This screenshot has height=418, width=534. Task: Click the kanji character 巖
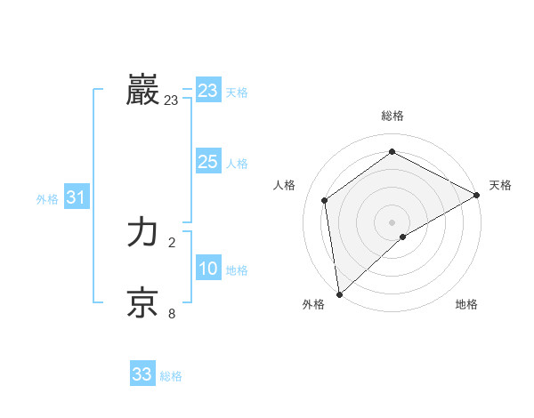coord(143,91)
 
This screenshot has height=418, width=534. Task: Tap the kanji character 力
coord(143,233)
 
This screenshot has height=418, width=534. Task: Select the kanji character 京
coord(143,303)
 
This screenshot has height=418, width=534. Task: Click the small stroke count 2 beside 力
coord(172,243)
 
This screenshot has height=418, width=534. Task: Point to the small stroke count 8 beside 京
coord(172,313)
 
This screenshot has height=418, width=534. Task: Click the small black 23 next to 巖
coord(171,100)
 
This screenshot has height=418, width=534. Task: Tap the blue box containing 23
coord(208,91)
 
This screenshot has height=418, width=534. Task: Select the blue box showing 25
coord(208,162)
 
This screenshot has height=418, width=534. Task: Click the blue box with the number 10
coord(208,269)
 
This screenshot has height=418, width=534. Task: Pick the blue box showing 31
coord(76,197)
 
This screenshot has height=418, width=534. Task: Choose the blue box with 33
coord(142,374)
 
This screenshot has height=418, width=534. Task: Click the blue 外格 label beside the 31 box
coord(47,199)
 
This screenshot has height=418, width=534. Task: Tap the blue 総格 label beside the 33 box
coord(171,376)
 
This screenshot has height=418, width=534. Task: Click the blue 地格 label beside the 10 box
coord(237,270)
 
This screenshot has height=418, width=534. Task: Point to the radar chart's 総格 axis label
coord(392,116)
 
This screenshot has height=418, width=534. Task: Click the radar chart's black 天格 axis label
coord(500,185)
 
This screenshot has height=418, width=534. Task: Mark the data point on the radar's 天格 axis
coord(477,195)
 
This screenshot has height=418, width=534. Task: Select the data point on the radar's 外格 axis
coord(338,294)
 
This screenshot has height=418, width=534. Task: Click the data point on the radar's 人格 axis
coord(325,200)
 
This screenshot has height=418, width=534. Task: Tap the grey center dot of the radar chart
coord(392,221)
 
